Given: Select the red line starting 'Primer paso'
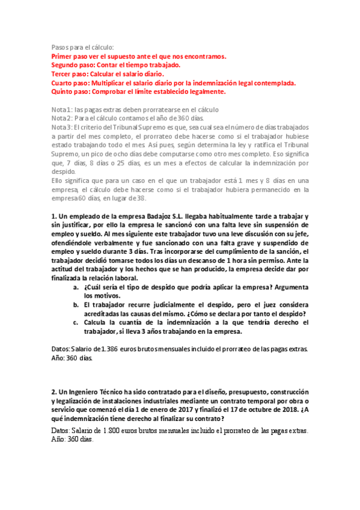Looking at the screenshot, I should pos(139,56).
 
